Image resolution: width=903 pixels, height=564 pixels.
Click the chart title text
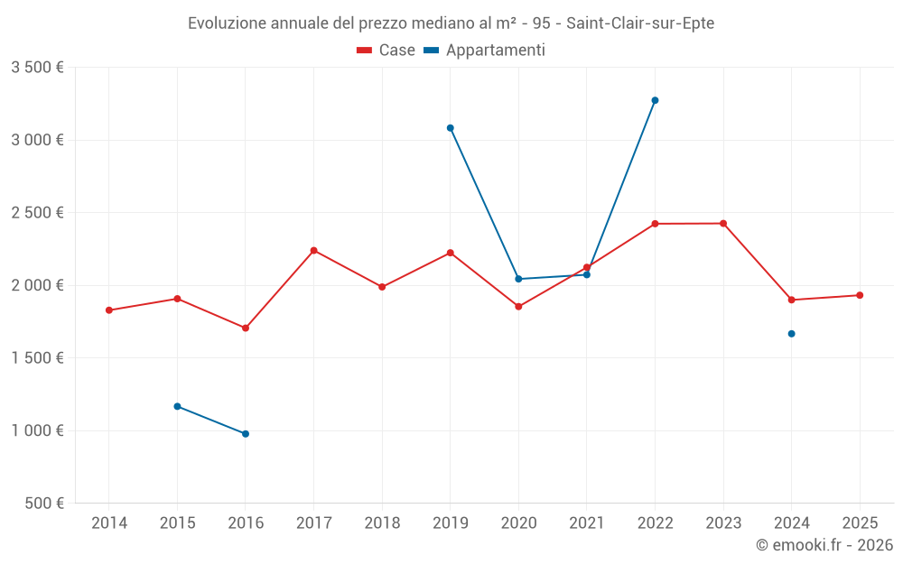(x=451, y=23)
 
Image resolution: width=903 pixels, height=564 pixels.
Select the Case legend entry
(x=386, y=51)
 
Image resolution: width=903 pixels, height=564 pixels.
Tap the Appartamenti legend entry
(x=485, y=51)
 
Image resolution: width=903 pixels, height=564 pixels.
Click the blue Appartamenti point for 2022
(x=655, y=100)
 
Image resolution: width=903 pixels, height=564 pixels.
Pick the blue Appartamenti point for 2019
(x=451, y=128)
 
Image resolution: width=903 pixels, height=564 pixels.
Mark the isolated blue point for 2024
(x=791, y=334)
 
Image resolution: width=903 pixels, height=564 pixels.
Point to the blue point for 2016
(x=246, y=434)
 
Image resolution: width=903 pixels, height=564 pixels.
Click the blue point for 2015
(x=177, y=406)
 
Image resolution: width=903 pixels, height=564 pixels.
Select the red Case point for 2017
(x=313, y=250)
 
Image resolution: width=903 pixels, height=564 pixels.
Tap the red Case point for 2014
(x=109, y=310)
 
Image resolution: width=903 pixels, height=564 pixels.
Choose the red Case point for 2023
(x=723, y=224)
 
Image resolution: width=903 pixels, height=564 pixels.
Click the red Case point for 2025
(x=860, y=295)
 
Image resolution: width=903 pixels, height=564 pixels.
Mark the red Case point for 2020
(x=518, y=307)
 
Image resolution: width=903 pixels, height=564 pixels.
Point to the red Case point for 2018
(x=382, y=287)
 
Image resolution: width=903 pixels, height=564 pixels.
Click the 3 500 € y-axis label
(x=37, y=68)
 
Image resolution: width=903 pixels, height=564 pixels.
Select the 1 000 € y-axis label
(x=37, y=430)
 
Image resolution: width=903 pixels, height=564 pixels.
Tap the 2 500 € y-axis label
(x=37, y=213)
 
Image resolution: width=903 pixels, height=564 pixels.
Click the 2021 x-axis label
(x=587, y=523)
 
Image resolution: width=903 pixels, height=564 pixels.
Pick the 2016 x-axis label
(x=246, y=523)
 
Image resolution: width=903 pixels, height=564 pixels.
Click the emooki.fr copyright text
(x=824, y=545)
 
